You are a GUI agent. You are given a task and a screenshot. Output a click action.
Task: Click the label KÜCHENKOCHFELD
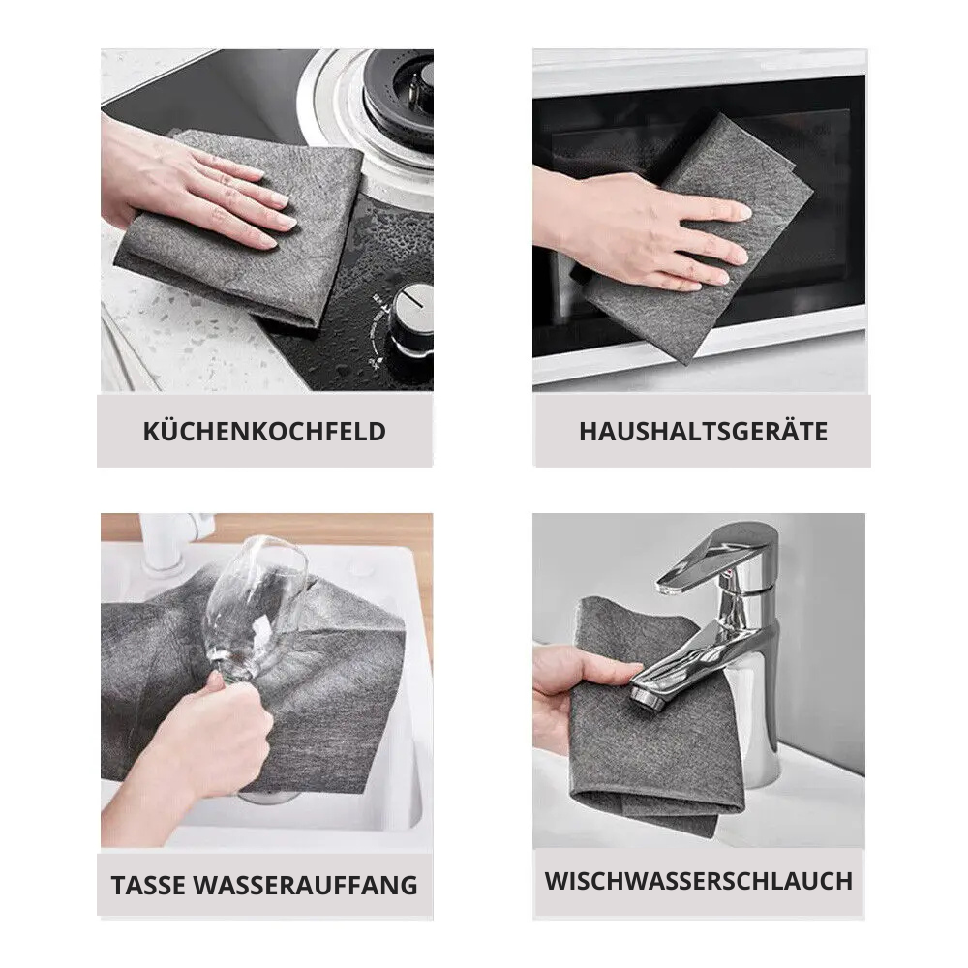pos(263,431)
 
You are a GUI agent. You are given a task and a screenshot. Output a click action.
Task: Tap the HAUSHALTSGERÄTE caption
pos(703,431)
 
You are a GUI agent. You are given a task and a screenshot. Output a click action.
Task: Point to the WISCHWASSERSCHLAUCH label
pos(698,881)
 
